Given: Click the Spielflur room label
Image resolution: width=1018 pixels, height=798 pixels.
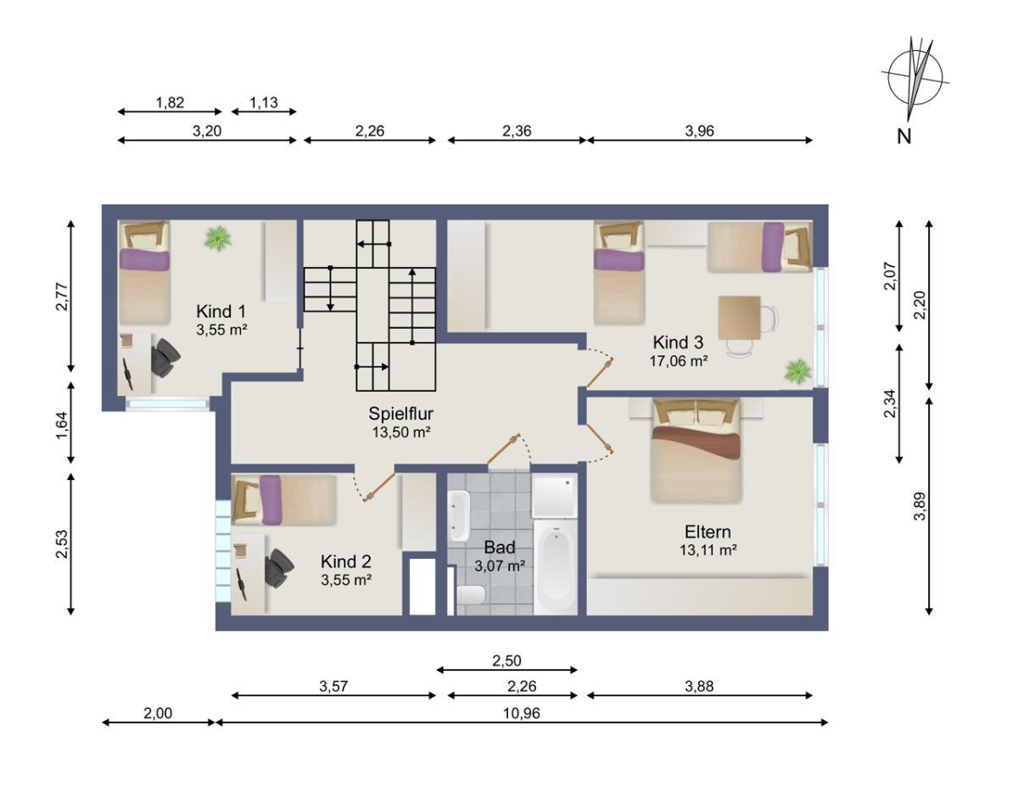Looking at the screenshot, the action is point(400,414).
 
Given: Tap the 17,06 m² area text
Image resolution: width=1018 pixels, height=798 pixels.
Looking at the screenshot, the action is point(678,361).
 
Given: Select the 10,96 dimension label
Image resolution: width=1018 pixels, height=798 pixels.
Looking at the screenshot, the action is point(522,713).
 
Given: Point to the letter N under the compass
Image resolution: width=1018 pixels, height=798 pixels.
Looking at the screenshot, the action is point(903,137).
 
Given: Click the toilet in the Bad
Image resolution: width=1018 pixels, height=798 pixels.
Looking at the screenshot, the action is point(471,594).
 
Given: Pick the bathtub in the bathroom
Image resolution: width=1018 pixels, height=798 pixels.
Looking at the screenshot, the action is point(556,567).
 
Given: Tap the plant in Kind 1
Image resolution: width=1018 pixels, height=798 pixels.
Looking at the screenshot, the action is point(218,238).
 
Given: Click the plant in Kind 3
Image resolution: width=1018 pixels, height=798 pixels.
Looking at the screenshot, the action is point(797,371).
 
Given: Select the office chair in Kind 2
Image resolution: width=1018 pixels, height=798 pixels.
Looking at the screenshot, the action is point(278,568).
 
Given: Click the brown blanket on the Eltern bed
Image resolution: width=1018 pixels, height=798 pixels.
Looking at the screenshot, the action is point(696,443).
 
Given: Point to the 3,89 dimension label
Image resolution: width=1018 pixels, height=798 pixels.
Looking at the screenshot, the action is point(920,506).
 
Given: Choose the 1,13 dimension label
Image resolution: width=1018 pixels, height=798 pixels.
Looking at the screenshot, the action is point(263,102).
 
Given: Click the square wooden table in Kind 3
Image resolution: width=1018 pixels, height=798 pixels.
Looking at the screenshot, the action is point(739,317).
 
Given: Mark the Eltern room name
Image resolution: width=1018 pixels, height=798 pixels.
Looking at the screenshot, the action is point(708,532).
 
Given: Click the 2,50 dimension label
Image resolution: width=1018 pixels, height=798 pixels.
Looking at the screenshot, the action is point(506,661).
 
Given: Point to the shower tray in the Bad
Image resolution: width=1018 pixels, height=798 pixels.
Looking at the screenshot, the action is point(555,496).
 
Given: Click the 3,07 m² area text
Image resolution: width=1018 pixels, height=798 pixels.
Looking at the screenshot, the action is point(500,566).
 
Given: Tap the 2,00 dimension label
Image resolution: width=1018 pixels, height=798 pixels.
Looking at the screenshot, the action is point(158,713).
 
